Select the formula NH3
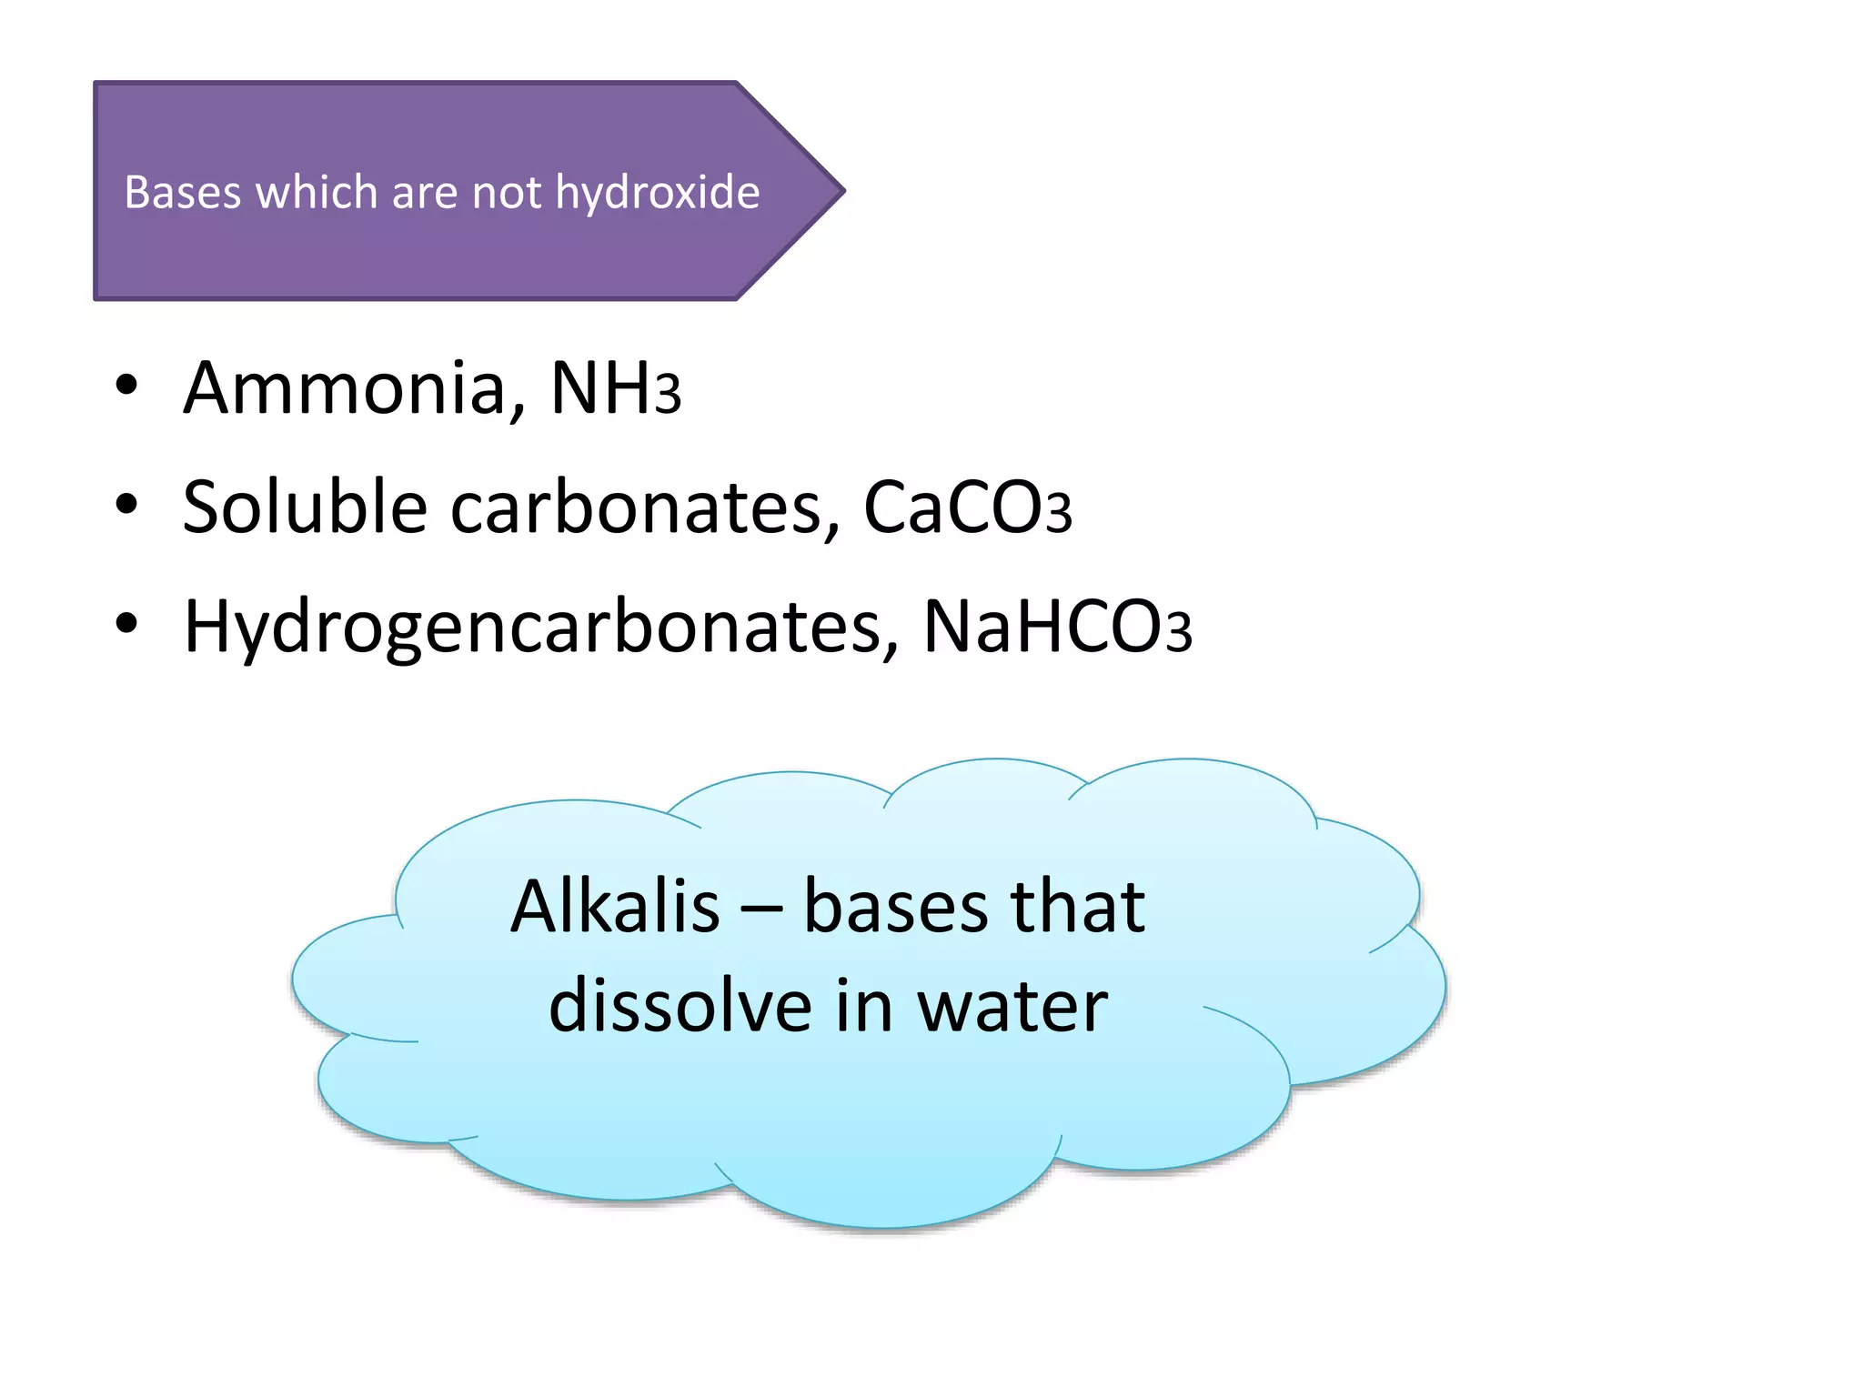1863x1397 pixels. (x=615, y=388)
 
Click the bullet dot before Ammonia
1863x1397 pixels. (x=126, y=386)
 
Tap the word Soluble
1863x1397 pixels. (x=305, y=508)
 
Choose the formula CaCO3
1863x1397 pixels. (x=966, y=508)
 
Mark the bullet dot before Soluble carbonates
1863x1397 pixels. (x=126, y=504)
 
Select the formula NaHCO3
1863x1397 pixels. (x=1056, y=628)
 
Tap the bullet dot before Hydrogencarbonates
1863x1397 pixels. (x=126, y=624)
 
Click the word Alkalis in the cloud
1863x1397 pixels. (x=615, y=907)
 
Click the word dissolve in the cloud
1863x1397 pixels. (x=680, y=1007)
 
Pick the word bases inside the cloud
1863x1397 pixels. (x=896, y=907)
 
